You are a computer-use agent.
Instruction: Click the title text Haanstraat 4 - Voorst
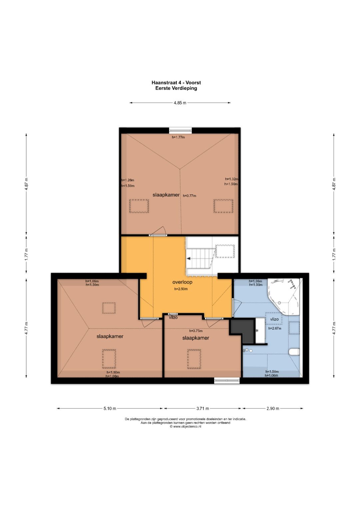pos(176,83)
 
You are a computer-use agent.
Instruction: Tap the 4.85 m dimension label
pos(180,103)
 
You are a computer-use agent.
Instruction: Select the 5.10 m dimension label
pos(110,408)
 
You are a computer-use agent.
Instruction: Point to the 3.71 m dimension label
pos(203,408)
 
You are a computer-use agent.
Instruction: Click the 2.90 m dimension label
pos(273,408)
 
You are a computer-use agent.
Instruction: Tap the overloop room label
pos(182,282)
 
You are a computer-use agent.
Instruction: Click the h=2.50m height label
pos(181,289)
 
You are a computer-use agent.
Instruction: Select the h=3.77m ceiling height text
pos(190,196)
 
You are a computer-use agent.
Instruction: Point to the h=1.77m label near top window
pos(178,137)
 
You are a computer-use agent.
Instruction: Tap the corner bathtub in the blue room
pos(284,296)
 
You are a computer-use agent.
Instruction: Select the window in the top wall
pos(180,130)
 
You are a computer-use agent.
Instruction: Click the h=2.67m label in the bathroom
pos(275,328)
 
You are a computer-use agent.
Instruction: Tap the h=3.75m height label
pos(196,331)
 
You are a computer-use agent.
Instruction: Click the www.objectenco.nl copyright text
pos(185,427)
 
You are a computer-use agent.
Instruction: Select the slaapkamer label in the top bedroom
pos(166,195)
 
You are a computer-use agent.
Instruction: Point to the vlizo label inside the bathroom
pos(274,319)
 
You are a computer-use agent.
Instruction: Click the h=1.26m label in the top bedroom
pos(128,180)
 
